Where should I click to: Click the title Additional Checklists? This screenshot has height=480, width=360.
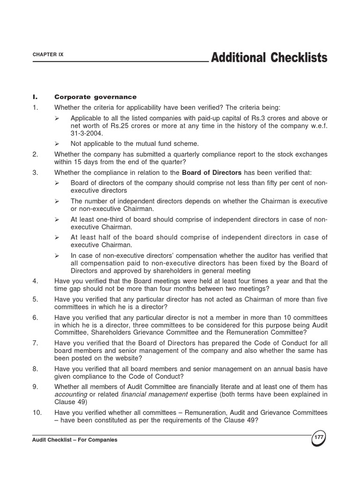[x=269, y=58]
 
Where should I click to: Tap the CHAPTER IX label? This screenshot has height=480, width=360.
[x=48, y=54]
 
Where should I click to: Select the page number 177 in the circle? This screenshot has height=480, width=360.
[x=319, y=437]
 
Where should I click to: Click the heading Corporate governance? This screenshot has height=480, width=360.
[x=95, y=97]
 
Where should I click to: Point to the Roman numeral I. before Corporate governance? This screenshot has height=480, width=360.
[x=35, y=97]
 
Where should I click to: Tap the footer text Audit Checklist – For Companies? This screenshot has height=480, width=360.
[x=75, y=440]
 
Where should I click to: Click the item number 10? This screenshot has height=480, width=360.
[x=37, y=412]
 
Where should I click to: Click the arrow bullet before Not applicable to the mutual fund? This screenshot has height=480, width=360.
[x=57, y=143]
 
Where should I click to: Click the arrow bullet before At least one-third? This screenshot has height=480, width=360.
[x=57, y=219]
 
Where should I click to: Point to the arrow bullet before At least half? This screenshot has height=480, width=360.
[x=57, y=237]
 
